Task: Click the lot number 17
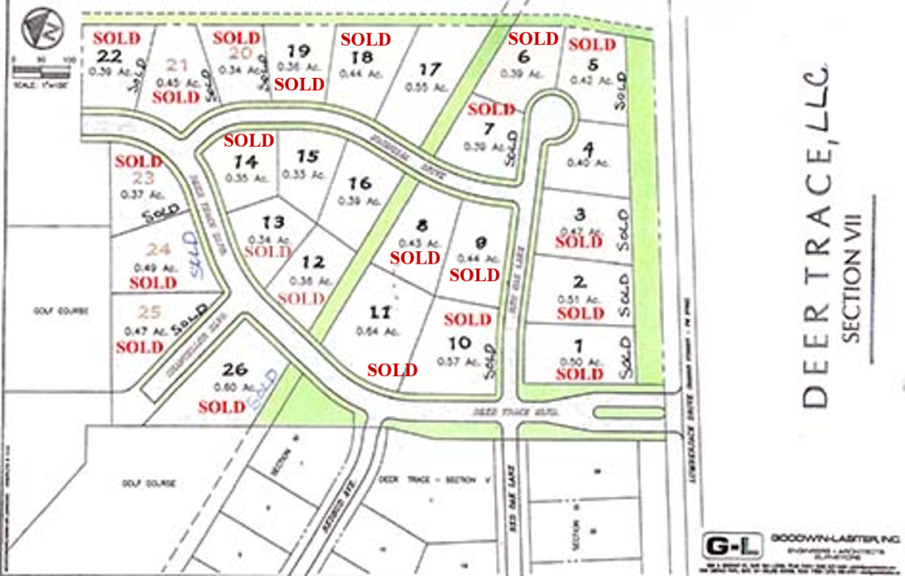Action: click(430, 69)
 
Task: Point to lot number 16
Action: click(359, 184)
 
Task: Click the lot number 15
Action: click(307, 157)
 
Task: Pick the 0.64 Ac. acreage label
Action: click(372, 332)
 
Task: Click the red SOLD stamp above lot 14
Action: click(248, 141)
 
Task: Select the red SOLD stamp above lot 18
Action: click(365, 39)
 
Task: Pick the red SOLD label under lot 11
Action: click(392, 370)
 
